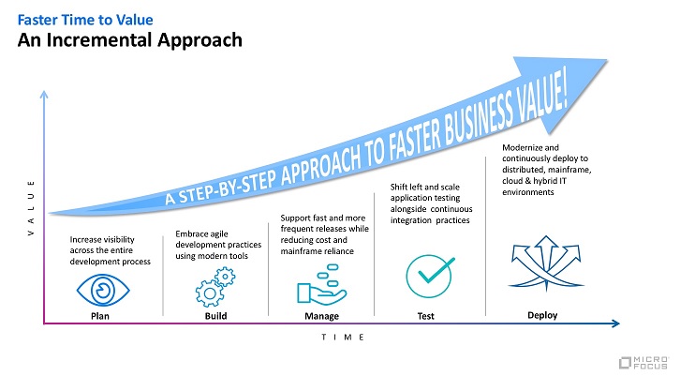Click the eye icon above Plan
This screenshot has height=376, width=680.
(103, 290)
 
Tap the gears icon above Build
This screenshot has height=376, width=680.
(215, 287)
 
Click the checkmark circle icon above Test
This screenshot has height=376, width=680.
(430, 276)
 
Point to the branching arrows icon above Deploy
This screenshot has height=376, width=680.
(546, 263)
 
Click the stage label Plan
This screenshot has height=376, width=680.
(100, 316)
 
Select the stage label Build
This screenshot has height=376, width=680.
(216, 316)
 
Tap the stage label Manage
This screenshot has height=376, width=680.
(322, 316)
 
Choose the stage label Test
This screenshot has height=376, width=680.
(426, 316)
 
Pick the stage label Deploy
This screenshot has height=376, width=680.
(542, 315)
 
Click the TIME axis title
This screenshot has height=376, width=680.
(343, 338)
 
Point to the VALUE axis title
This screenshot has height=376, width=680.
(31, 208)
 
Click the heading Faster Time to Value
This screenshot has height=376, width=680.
(85, 20)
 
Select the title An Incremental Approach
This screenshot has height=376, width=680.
(129, 40)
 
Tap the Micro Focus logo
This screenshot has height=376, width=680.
(644, 363)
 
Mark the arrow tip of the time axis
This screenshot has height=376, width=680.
(618, 323)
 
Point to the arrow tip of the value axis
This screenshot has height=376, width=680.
(44, 92)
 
